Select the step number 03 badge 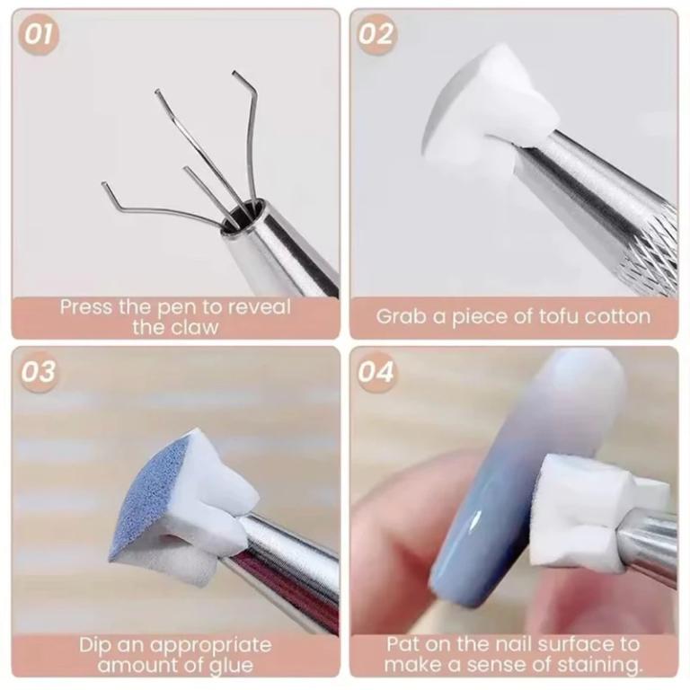(x=39, y=372)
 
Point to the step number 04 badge (x=376, y=372)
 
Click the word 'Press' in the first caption (x=86, y=307)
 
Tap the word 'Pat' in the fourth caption (x=404, y=644)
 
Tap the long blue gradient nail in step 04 (x=503, y=485)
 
